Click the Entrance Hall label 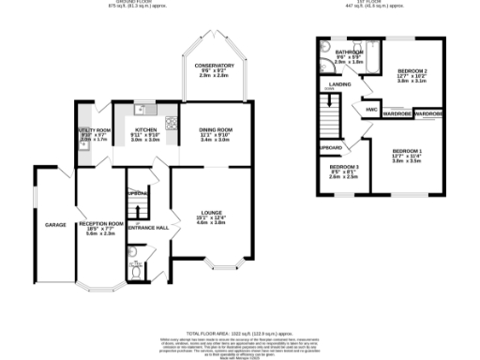point(148,228)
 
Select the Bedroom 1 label point(407,151)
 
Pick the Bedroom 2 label point(412,71)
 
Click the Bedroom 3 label point(345,166)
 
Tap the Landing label point(339,83)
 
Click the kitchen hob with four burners point(171,122)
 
